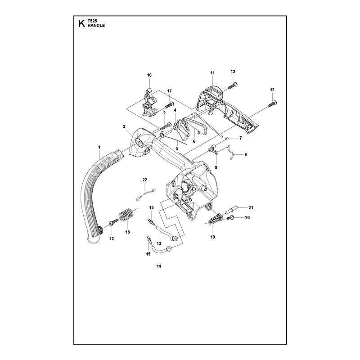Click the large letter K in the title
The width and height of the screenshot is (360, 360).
[81, 23]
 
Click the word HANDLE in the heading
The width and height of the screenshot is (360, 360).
[96, 26]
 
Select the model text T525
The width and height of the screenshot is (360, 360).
[92, 21]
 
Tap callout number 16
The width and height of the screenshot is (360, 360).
[149, 75]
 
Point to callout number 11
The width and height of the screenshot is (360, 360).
[212, 73]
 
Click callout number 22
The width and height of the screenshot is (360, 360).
[144, 180]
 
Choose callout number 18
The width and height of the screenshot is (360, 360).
[127, 232]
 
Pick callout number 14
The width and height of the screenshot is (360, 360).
[159, 266]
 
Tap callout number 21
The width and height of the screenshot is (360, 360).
[251, 207]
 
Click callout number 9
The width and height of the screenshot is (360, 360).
[245, 154]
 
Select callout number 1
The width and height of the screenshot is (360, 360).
[99, 147]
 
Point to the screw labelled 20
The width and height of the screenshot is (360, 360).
[230, 218]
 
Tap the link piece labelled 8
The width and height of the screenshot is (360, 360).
[214, 150]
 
